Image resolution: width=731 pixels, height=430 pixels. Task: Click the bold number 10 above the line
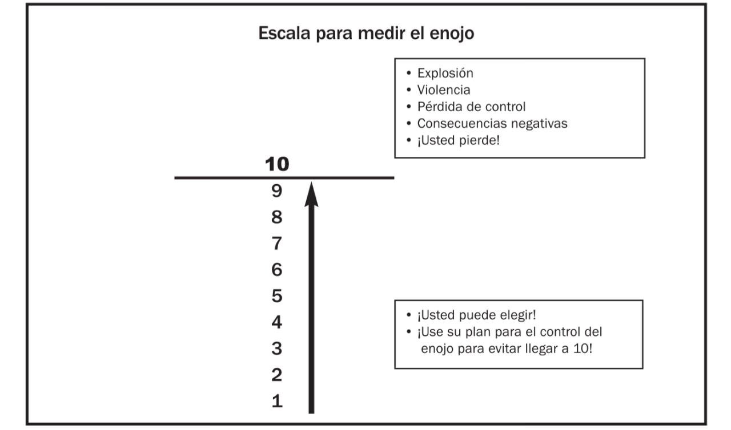(x=277, y=164)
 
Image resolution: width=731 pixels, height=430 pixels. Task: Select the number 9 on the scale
(x=277, y=190)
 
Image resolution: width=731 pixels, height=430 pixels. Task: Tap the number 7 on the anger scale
(x=277, y=244)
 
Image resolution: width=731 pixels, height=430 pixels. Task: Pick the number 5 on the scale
(x=277, y=296)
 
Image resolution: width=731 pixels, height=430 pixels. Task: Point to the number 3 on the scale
(x=277, y=348)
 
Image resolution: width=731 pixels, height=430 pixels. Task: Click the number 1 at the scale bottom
(x=277, y=401)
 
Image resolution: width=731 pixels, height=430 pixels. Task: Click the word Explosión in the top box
(x=445, y=73)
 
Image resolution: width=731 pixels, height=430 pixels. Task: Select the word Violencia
(x=444, y=90)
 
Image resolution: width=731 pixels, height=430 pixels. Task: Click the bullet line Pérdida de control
(x=471, y=107)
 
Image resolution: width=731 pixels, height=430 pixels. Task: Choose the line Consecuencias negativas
(x=492, y=123)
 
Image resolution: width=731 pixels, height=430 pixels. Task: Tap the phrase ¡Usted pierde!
(x=458, y=140)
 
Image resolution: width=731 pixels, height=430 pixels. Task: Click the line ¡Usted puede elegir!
(x=476, y=315)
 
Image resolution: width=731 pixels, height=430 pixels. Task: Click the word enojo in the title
(x=452, y=33)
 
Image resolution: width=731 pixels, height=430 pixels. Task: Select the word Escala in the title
(x=284, y=33)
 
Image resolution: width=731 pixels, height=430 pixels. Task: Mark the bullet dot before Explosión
(x=408, y=73)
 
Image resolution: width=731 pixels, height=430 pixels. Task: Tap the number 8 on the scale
(x=277, y=217)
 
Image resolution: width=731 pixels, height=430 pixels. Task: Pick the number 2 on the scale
(x=277, y=375)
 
